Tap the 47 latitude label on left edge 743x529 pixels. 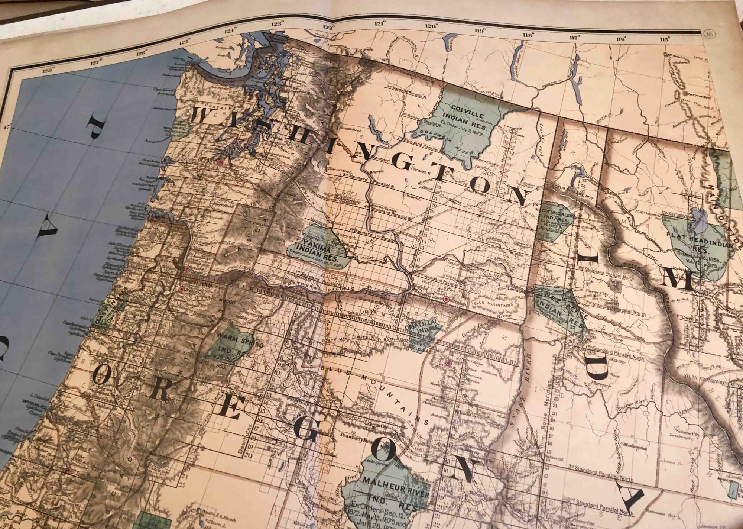[x=5, y=128]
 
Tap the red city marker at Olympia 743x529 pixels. [x=222, y=162]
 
